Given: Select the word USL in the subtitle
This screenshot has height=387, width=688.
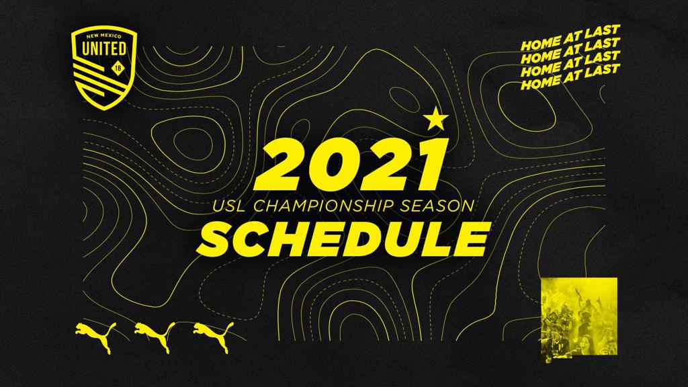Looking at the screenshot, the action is click(x=230, y=206).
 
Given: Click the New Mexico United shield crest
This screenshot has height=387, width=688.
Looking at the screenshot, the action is click(x=104, y=67).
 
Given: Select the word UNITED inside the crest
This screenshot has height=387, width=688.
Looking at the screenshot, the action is click(x=104, y=48).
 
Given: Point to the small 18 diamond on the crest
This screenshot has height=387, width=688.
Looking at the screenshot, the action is click(x=117, y=68).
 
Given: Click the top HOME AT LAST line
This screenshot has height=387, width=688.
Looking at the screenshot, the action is click(x=570, y=38).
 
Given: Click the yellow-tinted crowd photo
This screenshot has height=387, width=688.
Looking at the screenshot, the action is click(x=579, y=320).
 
